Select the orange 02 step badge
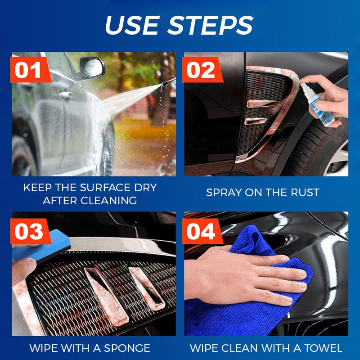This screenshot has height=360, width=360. pos(201,71)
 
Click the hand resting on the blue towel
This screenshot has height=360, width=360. pos(252,274)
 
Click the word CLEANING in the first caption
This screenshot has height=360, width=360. pos(110,201)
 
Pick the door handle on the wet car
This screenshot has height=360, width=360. pos(67,95)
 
